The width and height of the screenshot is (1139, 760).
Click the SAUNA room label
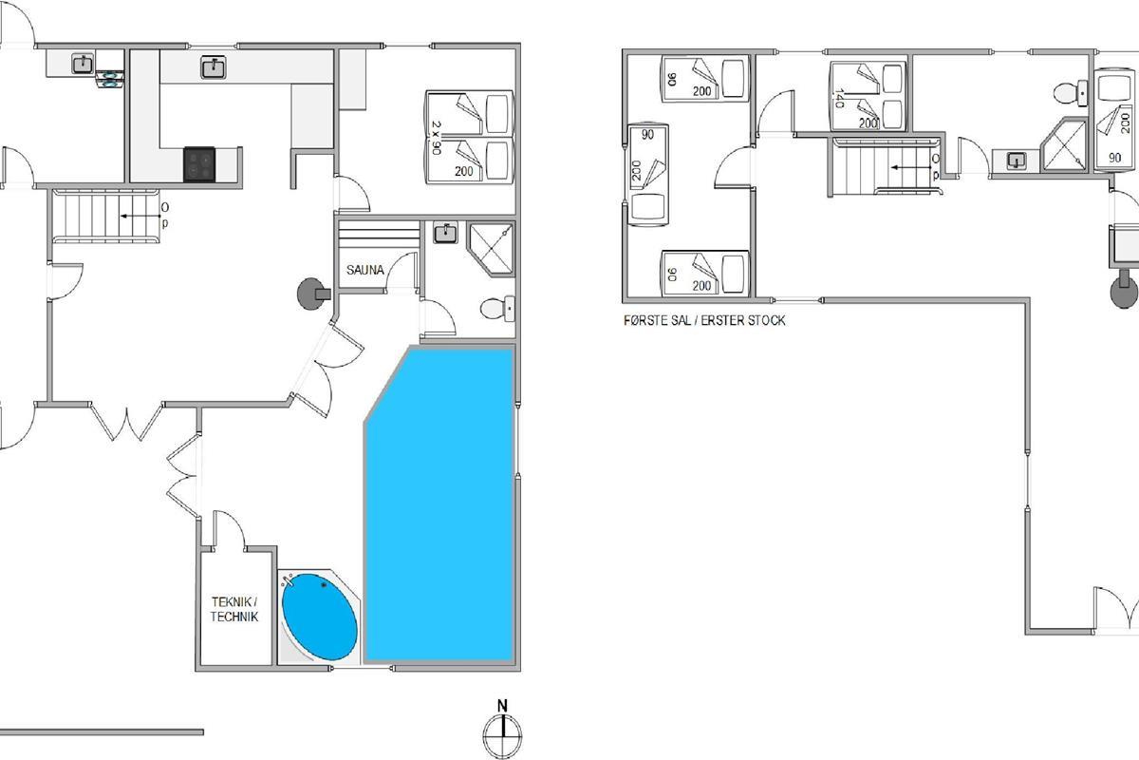click(x=365, y=270)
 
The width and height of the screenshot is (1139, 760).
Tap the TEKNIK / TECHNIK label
click(x=234, y=609)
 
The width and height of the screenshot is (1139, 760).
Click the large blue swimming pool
click(x=440, y=504)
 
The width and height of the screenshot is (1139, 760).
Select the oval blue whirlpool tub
click(x=319, y=617)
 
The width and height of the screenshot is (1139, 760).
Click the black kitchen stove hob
click(x=199, y=164)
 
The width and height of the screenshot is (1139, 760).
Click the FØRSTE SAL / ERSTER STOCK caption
click(x=704, y=321)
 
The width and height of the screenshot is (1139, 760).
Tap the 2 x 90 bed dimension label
click(x=436, y=138)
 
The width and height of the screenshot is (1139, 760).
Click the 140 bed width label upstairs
click(x=838, y=98)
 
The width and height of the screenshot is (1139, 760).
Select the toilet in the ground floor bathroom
click(x=497, y=309)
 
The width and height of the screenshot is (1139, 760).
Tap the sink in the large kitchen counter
click(x=214, y=67)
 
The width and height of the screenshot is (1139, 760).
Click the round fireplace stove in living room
click(x=313, y=294)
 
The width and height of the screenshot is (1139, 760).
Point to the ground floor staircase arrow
click(x=140, y=217)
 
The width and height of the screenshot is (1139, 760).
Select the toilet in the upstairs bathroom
click(x=1070, y=93)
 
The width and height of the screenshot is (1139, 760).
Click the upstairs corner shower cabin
click(x=1063, y=144)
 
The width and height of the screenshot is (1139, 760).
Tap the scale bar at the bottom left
click(x=102, y=732)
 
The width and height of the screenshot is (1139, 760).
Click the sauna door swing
click(x=402, y=273)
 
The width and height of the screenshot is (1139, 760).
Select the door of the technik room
click(x=230, y=529)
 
